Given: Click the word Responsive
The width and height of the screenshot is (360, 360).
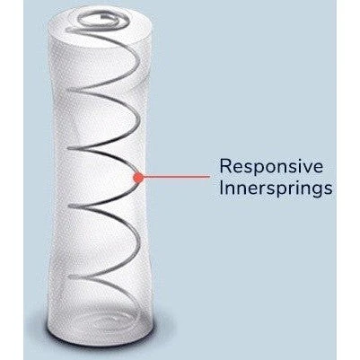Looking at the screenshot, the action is (x=272, y=166).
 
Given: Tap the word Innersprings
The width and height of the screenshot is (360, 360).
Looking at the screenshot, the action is (x=276, y=189).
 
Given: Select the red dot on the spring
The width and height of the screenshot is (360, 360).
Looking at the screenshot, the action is (x=138, y=178).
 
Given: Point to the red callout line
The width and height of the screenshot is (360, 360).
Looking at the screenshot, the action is (x=176, y=177).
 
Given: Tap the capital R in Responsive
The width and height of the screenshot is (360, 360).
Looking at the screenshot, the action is (x=225, y=166).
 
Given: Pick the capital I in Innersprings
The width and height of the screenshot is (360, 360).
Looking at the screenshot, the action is (x=222, y=189).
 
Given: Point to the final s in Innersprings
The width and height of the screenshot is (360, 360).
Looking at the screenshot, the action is (x=329, y=190).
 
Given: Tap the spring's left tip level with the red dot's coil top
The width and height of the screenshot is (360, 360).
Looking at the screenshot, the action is (x=69, y=148).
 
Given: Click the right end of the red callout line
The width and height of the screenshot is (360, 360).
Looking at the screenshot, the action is (x=210, y=177).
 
